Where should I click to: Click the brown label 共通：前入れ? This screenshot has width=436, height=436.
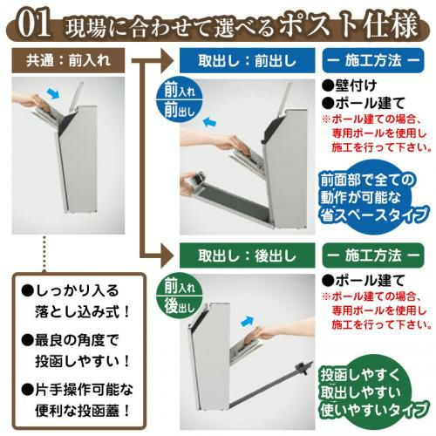pyautogui.click(x=68, y=60)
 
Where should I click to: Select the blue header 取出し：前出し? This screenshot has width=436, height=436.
pyautogui.click(x=247, y=60)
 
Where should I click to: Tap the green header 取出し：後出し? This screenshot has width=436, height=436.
pyautogui.click(x=247, y=255)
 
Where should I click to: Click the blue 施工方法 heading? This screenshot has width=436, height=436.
pyautogui.click(x=373, y=60)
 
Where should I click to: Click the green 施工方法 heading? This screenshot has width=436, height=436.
pyautogui.click(x=373, y=255)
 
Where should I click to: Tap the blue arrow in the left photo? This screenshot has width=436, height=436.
pyautogui.click(x=53, y=93)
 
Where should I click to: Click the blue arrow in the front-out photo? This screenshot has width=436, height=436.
pyautogui.click(x=210, y=121)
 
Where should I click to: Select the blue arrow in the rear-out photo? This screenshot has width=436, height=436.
pyautogui.click(x=248, y=321)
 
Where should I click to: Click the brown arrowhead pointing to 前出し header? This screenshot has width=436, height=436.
pyautogui.click(x=167, y=60)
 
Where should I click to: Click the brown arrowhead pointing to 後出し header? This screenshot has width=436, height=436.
pyautogui.click(x=167, y=255)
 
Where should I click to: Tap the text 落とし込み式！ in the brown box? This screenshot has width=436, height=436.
pyautogui.click(x=82, y=312)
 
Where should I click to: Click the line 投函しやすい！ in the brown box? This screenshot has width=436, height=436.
pyautogui.click(x=82, y=361)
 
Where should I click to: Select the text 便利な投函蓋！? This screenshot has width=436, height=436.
pyautogui.click(x=82, y=411)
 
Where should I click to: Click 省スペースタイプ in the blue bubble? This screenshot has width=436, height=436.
pyautogui.click(x=374, y=215)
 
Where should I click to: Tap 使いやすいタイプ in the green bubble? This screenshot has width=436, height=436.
pyautogui.click(x=374, y=410)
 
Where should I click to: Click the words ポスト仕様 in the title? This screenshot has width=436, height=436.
pyautogui.click(x=349, y=25)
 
